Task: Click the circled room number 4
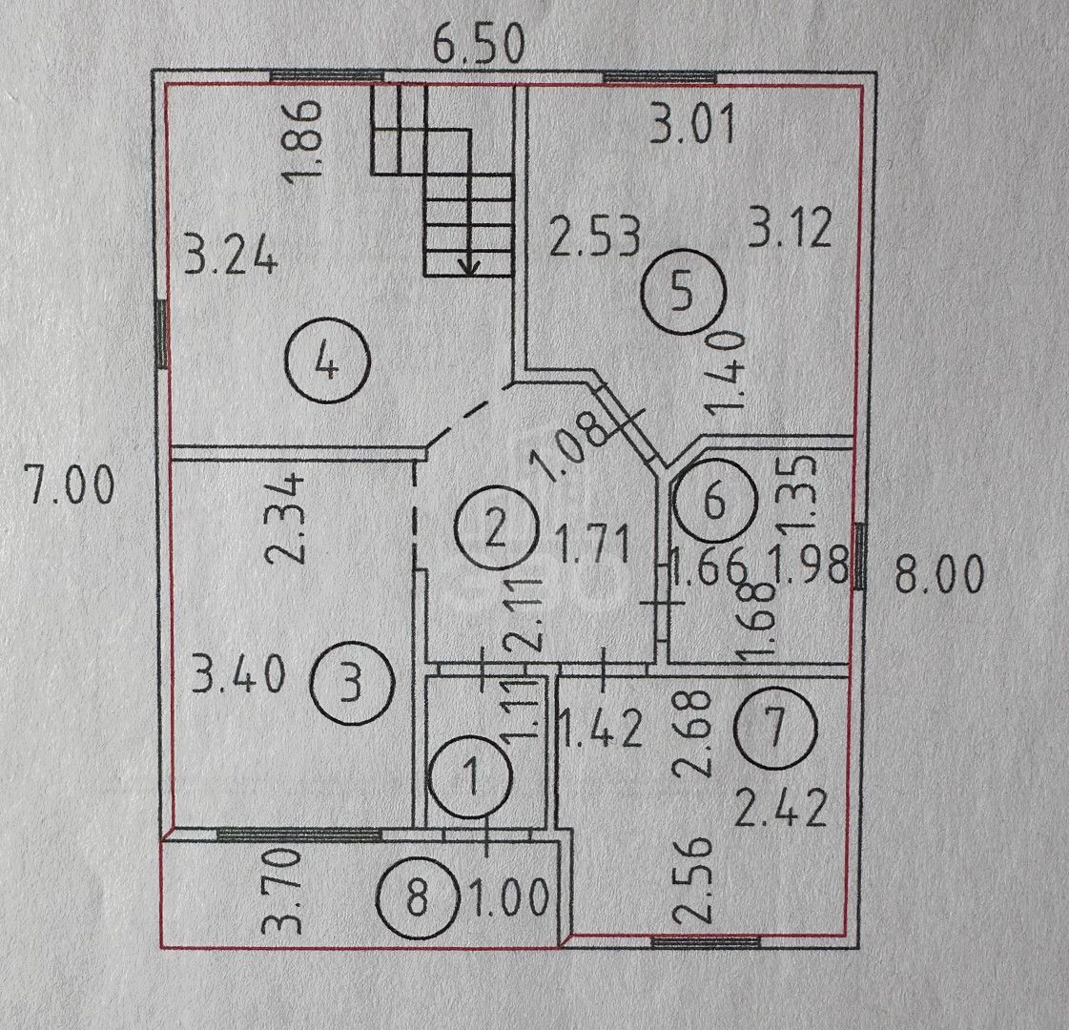[x=327, y=363]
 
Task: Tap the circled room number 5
[x=682, y=294]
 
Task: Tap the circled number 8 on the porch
[x=417, y=898]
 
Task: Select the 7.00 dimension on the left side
[x=69, y=487]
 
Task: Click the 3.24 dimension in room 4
[x=232, y=257]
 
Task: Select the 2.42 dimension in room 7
[x=778, y=814]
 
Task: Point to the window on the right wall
[x=859, y=555]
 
